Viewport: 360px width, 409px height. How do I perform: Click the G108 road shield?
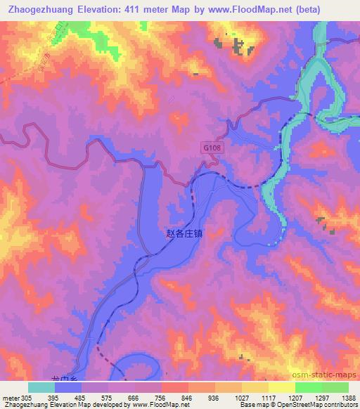tap(210, 148)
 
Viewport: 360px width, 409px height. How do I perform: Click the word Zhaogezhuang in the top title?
tap(44, 9)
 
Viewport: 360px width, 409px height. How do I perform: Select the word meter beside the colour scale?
tap(11, 398)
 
